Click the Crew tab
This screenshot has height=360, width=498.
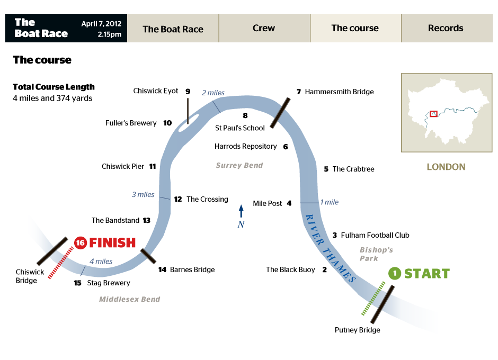(264, 28)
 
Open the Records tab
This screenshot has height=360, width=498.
(446, 28)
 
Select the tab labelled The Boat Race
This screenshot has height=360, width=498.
(173, 29)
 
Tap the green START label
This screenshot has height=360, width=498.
(426, 273)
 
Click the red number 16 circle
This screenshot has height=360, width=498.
(81, 242)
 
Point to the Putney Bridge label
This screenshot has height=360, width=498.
(357, 330)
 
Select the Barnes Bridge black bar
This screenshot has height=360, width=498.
(148, 256)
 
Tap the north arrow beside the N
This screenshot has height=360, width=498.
(241, 211)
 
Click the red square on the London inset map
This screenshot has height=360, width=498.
(433, 113)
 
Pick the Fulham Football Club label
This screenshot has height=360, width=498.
(375, 235)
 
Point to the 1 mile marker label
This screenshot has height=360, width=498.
(329, 202)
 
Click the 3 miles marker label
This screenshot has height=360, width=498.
(143, 194)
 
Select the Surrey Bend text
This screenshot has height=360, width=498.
(239, 165)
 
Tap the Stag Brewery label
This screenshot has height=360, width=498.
(109, 283)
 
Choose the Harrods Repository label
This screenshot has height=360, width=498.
(246, 146)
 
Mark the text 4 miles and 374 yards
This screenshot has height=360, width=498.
(52, 98)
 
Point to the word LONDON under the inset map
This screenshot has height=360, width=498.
(446, 167)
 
